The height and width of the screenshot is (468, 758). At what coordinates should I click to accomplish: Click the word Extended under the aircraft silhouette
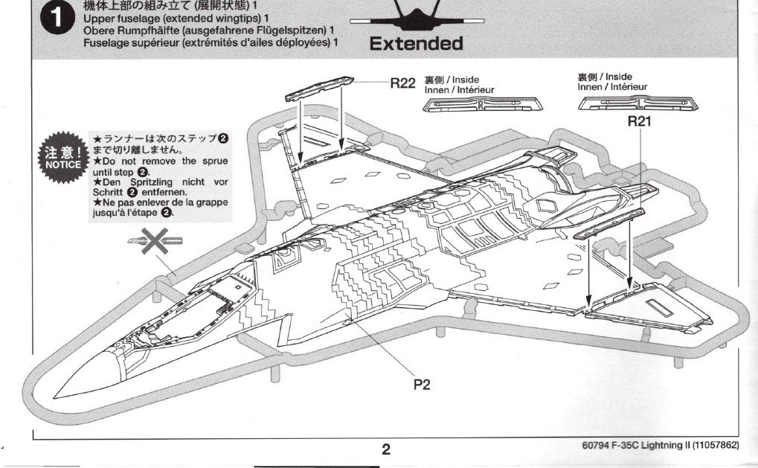coord(416,44)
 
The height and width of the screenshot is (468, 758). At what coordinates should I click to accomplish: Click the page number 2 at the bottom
coord(385,449)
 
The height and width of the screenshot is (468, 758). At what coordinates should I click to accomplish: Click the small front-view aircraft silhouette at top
coord(417,16)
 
